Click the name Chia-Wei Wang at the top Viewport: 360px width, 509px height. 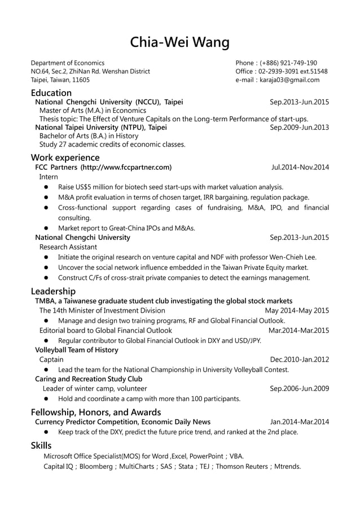[180, 42]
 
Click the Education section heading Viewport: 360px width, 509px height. [51, 93]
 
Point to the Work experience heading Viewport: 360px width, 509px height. [65, 157]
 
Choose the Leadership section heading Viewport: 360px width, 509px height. [53, 291]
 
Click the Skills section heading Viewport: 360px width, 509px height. [41, 446]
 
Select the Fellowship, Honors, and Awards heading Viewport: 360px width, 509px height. [95, 412]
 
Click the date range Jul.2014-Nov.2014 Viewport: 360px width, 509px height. [300, 168]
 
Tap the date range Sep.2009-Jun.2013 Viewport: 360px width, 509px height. [299, 128]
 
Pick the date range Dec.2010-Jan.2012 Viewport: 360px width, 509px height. [299, 359]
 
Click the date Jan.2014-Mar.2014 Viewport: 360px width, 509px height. [299, 422]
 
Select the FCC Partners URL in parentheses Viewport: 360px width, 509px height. [126, 168]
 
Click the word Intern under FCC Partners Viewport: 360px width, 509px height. [49, 177]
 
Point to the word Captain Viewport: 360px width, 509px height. [51, 359]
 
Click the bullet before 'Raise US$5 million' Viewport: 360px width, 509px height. [46, 187]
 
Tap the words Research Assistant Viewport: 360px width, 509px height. [68, 247]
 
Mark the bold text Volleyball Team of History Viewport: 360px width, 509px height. [77, 350]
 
